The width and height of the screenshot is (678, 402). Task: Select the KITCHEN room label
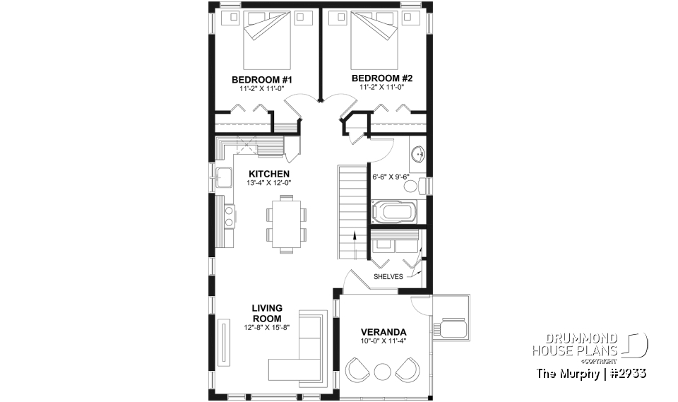click(268, 174)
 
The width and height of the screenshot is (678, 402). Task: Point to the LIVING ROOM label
click(267, 313)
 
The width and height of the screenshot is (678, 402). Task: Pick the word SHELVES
click(389, 277)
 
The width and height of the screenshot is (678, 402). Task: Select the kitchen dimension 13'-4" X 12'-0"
click(268, 183)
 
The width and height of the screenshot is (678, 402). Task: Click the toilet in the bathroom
click(422, 186)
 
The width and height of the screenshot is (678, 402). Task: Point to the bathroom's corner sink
click(417, 152)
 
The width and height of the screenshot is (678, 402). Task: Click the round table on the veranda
click(381, 371)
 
